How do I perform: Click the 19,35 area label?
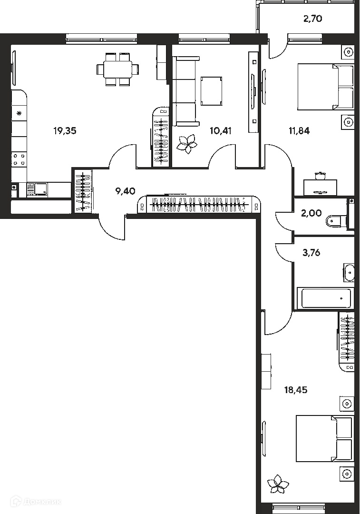click(65, 131)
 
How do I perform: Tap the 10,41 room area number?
click(221, 131)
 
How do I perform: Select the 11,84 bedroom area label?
click(299, 131)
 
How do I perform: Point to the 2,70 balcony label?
click(312, 19)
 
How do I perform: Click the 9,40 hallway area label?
click(126, 191)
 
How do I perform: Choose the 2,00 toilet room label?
click(311, 213)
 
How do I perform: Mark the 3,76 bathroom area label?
click(311, 253)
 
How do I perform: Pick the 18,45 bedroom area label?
click(296, 390)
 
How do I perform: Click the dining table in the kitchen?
click(118, 69)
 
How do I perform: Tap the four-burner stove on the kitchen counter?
click(19, 159)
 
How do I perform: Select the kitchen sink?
click(40, 189)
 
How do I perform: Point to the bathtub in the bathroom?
click(325, 298)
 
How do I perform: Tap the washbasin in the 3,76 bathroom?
click(349, 272)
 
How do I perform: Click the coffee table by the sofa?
click(211, 91)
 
